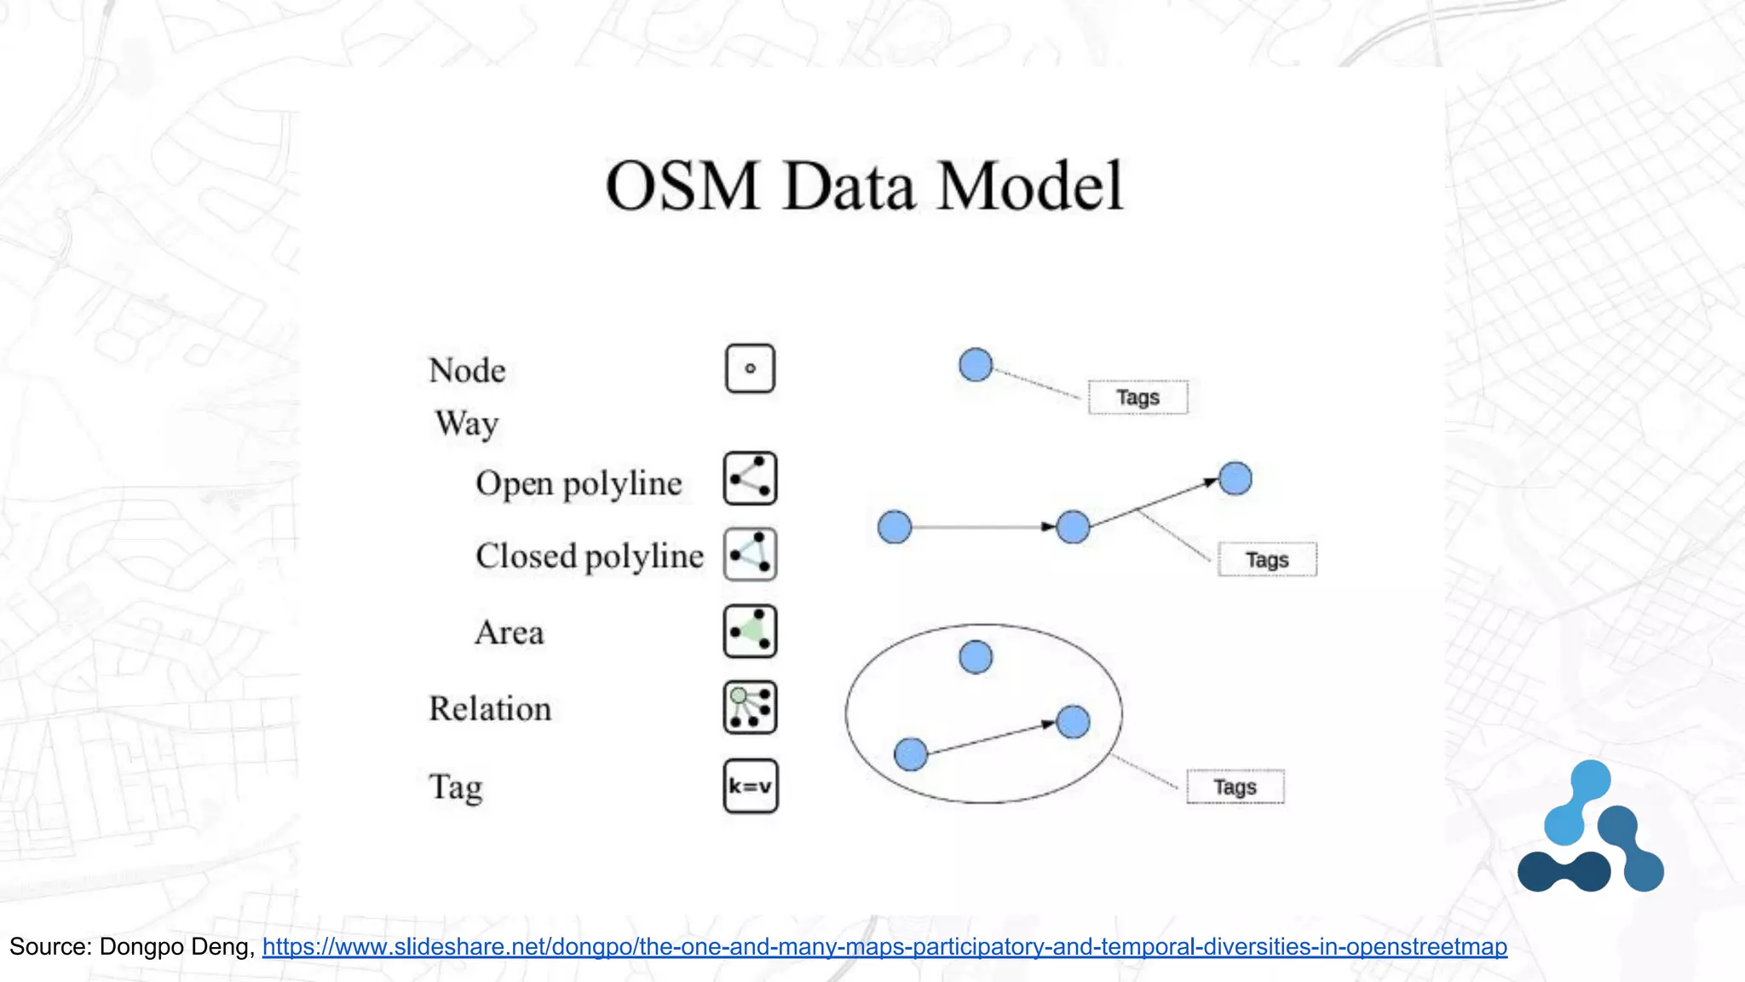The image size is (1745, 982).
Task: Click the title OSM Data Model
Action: coord(864,186)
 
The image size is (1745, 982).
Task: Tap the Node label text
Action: coord(467,371)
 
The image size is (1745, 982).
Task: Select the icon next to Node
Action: coord(750,368)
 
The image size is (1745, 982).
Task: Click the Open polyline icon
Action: coord(750,478)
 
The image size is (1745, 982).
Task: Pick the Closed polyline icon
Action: coord(750,554)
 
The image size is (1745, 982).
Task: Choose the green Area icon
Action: coord(750,632)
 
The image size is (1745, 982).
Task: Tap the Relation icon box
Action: coord(750,708)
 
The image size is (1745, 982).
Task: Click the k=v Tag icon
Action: coord(750,786)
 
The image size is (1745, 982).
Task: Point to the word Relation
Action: coord(490,709)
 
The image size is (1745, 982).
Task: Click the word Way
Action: coord(467,424)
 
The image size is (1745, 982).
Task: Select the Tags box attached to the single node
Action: coord(1137,397)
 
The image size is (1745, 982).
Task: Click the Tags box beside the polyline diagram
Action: coord(1267,560)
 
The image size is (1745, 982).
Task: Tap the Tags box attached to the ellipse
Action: coord(1235,787)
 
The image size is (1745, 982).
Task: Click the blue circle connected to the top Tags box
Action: coord(976,365)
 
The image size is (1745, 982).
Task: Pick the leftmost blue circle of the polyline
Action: coord(895,527)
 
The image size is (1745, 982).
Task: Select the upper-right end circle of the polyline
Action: coord(1235,478)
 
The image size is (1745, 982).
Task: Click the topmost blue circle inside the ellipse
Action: coord(976,657)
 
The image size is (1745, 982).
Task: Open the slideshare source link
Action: coord(884,947)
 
